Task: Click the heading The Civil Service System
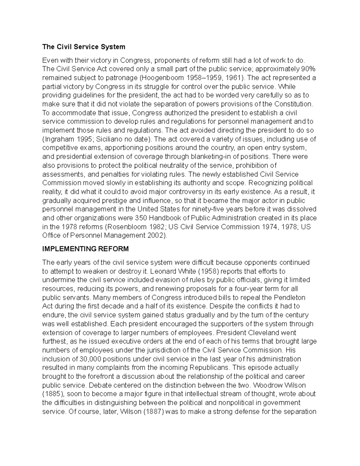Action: [x=84, y=47]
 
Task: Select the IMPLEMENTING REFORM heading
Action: [x=85, y=249]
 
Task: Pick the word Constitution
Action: [x=295, y=104]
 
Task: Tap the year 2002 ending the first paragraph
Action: [x=157, y=236]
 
